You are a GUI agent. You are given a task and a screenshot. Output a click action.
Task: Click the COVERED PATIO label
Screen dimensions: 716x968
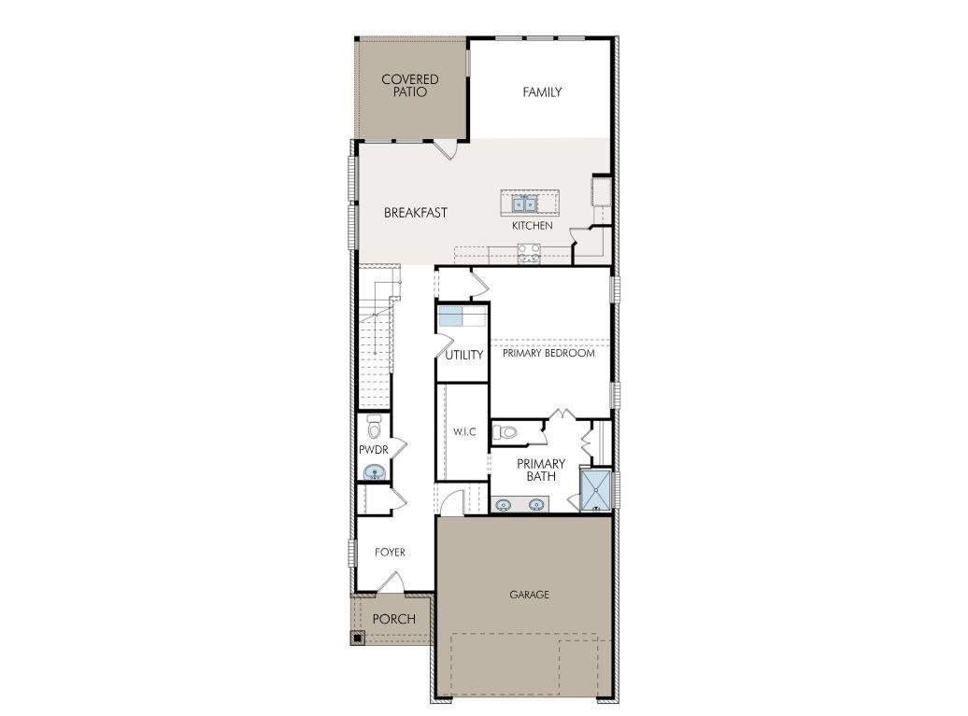409,86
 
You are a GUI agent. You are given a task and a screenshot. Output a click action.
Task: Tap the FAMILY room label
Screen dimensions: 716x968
542,92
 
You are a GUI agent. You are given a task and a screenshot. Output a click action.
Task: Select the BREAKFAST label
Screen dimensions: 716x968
416,213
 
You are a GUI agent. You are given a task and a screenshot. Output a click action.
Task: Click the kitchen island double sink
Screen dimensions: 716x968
523,203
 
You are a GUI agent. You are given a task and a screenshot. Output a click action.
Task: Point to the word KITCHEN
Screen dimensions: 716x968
532,226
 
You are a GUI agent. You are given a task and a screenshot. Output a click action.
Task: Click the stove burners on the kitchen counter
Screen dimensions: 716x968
529,249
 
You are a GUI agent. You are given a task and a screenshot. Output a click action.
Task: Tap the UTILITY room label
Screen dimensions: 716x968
463,355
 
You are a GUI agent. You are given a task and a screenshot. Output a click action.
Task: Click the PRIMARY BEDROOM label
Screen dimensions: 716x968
548,353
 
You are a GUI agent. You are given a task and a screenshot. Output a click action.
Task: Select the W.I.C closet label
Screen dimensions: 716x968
464,431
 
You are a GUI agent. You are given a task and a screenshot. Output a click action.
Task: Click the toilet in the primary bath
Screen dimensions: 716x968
505,432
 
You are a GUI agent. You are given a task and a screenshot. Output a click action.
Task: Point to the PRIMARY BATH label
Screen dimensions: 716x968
541,470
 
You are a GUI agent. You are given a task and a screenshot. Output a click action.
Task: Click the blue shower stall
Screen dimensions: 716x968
597,491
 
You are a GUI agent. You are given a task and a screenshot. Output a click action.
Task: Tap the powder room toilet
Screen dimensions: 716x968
375,427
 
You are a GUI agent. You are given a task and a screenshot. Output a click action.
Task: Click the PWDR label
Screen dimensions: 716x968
373,450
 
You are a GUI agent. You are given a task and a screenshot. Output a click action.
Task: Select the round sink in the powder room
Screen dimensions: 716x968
376,472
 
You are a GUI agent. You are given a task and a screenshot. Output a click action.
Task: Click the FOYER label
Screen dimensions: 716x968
390,553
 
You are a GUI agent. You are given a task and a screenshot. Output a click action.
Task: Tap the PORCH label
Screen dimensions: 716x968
393,619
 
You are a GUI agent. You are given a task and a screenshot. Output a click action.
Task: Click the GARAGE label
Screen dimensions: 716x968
529,595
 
